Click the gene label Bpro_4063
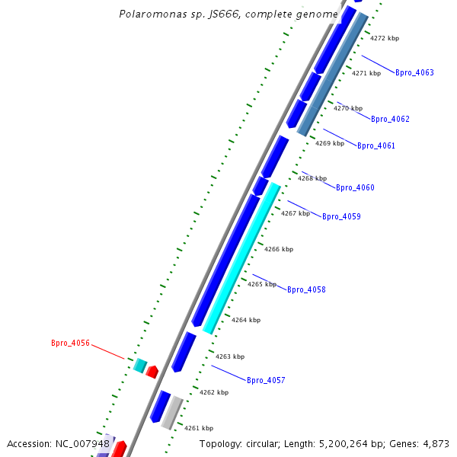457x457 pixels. [x=414, y=73]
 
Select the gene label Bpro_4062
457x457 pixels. [x=390, y=119]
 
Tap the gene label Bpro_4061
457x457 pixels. [x=376, y=145]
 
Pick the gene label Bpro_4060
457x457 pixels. [x=355, y=187]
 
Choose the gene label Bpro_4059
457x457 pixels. [x=341, y=217]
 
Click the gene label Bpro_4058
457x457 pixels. [x=306, y=289]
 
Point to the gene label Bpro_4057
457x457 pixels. [x=266, y=380]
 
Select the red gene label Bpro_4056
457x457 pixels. [x=70, y=344]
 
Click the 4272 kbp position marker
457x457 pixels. [x=385, y=38]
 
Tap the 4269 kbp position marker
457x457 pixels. [x=330, y=143]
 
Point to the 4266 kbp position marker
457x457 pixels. [x=279, y=249]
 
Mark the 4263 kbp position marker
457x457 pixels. [x=230, y=356]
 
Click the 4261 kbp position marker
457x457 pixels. [x=199, y=428]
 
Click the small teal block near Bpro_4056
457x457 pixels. [x=140, y=365]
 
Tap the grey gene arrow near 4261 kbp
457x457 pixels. [x=173, y=411]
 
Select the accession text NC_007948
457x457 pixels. [x=84, y=444]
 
